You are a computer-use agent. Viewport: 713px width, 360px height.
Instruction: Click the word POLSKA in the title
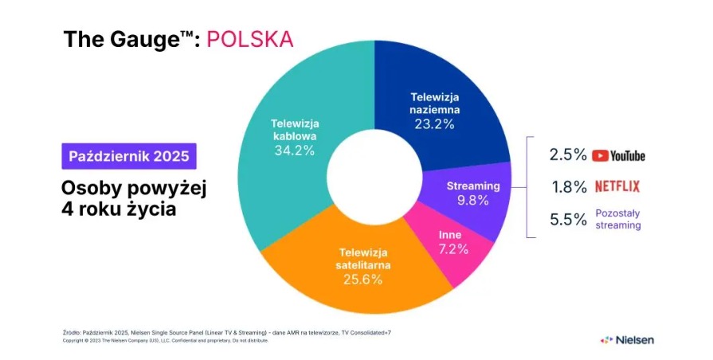[249, 39]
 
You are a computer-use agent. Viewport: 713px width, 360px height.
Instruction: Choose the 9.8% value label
[473, 200]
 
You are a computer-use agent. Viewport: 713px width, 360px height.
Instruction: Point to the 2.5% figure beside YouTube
[568, 155]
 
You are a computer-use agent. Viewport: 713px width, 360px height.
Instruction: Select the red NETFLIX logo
[618, 186]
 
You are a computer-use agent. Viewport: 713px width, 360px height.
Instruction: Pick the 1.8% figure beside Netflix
[568, 187]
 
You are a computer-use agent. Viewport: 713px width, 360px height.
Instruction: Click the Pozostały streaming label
[617, 219]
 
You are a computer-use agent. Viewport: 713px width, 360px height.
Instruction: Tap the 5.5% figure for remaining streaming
[568, 220]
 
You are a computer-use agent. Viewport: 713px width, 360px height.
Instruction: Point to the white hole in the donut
[374, 177]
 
